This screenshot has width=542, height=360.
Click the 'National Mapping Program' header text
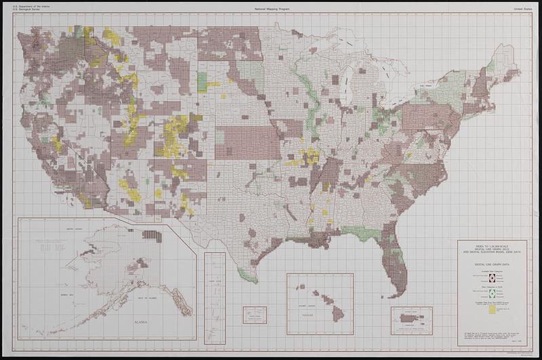271,7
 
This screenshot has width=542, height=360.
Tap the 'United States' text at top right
522,7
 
